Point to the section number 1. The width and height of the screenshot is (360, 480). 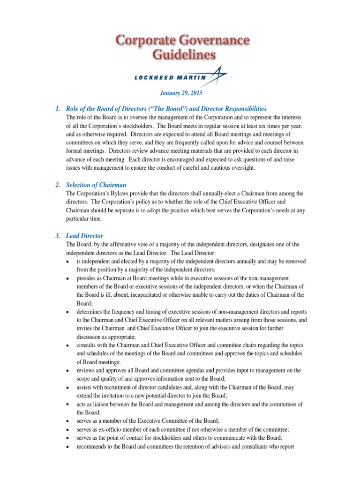58,109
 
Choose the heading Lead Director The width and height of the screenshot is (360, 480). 85,235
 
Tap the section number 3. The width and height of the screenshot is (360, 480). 58,235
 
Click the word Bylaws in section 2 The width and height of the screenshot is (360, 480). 119,194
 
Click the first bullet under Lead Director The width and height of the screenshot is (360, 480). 69,262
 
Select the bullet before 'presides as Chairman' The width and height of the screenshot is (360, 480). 69,278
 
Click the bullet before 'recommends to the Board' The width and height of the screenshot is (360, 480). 69,446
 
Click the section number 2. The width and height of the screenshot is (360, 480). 58,185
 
